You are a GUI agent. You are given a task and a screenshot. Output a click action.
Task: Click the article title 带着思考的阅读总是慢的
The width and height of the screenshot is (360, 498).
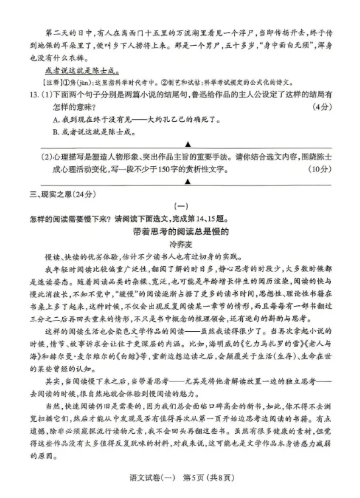coord(180,232)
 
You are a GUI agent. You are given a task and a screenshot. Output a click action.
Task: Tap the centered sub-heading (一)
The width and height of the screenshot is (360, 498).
coord(181,206)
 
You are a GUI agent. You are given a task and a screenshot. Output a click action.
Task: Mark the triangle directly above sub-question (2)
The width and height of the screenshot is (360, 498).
coord(187,144)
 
